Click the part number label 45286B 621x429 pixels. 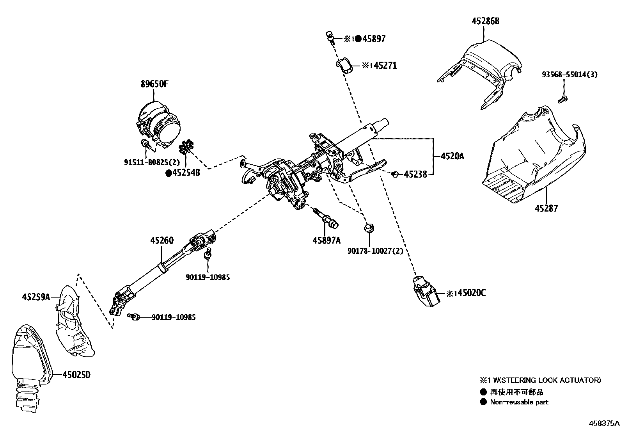(x=485, y=21)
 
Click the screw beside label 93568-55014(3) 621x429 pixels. (x=562, y=99)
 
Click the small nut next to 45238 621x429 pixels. (x=394, y=174)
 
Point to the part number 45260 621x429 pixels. (x=162, y=240)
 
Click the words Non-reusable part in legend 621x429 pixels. (x=519, y=402)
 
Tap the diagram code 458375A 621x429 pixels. (x=604, y=423)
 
